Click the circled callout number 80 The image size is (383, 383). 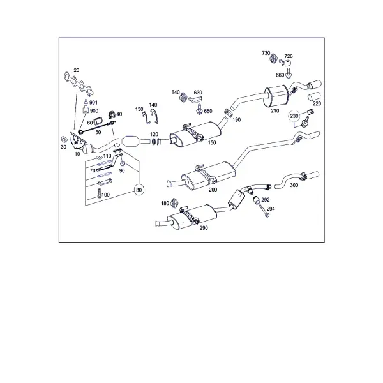[x=139, y=190]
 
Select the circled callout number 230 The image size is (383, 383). [x=294, y=116]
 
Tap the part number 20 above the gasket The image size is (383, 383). [x=77, y=70]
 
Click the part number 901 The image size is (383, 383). [x=93, y=103]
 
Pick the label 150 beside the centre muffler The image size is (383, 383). [x=212, y=142]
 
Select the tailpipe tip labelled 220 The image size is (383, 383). [x=314, y=96]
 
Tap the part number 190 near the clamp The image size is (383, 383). [x=236, y=120]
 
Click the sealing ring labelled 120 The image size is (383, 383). [x=154, y=141]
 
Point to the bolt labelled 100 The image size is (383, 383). [x=99, y=193]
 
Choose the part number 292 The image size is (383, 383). [x=266, y=200]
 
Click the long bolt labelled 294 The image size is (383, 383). [x=264, y=211]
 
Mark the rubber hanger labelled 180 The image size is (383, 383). [x=174, y=203]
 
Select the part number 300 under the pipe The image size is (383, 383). [x=294, y=185]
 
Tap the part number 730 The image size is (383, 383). [x=266, y=53]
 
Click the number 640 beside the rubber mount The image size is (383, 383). [x=176, y=93]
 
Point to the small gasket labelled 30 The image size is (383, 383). [x=64, y=139]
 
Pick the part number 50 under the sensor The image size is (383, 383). [x=98, y=132]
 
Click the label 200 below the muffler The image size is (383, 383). [x=213, y=190]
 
